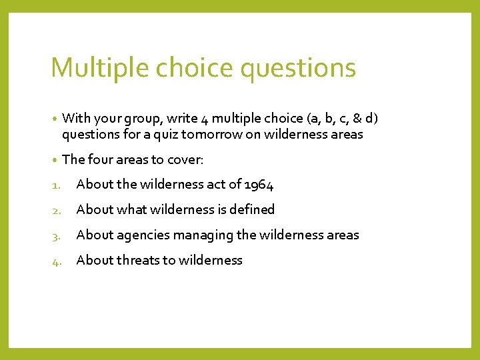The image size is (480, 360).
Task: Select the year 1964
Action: [x=259, y=184]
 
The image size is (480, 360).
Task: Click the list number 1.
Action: [x=55, y=185]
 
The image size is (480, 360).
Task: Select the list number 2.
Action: [x=55, y=210]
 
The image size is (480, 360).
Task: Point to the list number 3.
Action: [x=55, y=235]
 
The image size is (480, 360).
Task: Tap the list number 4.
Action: [x=55, y=261]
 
